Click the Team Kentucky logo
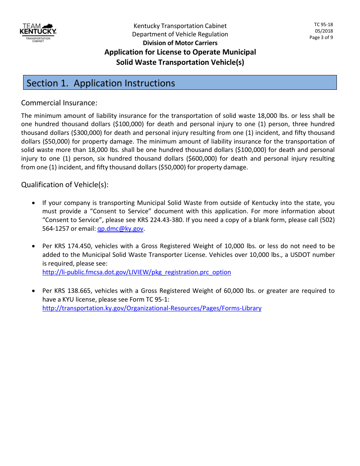tap(38, 32)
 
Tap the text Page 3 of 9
tap(321, 38)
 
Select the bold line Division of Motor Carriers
tap(180, 43)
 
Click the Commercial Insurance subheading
tap(59, 103)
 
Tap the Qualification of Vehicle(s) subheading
tap(65, 185)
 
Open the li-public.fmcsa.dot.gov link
tap(136, 272)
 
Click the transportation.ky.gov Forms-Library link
tap(152, 308)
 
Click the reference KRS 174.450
tap(73, 246)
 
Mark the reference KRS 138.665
tap(73, 291)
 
